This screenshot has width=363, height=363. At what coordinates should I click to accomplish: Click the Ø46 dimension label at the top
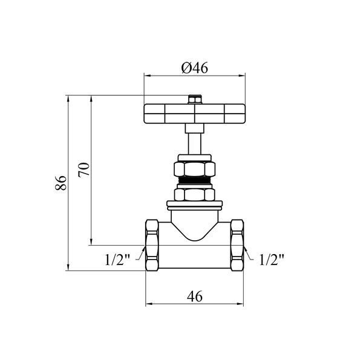coord(195,68)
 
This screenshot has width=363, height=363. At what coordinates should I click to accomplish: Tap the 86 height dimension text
coord(60,183)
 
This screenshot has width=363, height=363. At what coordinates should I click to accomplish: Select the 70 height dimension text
coord(83,170)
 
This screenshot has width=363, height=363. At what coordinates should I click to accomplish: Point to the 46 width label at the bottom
coord(195,296)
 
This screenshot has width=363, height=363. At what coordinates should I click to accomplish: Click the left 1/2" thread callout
coord(117,260)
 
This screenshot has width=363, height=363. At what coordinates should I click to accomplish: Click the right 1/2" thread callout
coord(271,260)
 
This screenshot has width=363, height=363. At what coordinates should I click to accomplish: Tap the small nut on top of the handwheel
coord(195,99)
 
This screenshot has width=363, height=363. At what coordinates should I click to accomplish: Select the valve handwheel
coord(194,114)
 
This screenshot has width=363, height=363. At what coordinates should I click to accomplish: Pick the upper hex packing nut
coord(194,169)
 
